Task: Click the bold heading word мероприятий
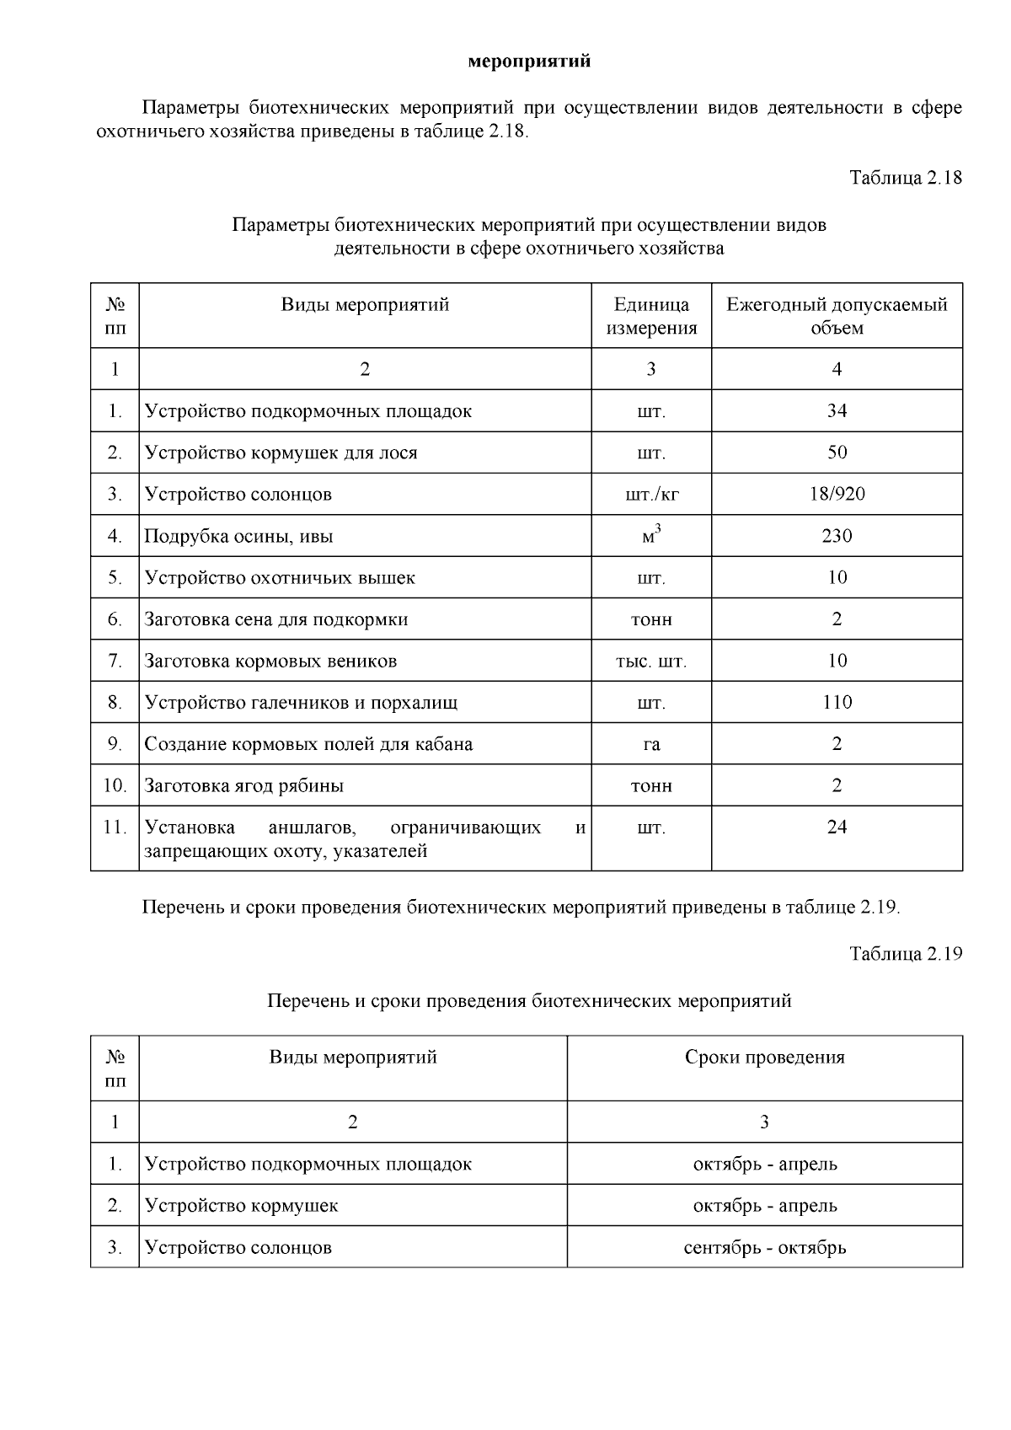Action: click(529, 62)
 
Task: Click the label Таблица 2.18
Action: click(906, 178)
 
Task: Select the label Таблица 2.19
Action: click(906, 954)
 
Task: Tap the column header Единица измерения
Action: click(651, 316)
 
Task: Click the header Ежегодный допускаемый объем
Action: click(837, 316)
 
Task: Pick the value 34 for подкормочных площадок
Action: click(837, 411)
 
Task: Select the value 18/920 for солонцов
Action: click(837, 494)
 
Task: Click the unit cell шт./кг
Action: click(651, 495)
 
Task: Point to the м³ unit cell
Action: click(651, 535)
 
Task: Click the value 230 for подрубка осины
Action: click(837, 536)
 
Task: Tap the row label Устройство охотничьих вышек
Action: click(280, 578)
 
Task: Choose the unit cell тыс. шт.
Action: click(651, 661)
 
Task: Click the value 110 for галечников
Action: click(837, 703)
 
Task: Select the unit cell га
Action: click(651, 745)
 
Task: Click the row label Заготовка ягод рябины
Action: click(243, 786)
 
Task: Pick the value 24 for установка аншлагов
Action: click(837, 827)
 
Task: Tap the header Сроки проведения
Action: click(764, 1058)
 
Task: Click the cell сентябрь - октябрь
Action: click(764, 1247)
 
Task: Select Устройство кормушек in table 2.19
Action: click(241, 1206)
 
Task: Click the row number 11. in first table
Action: click(115, 827)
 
